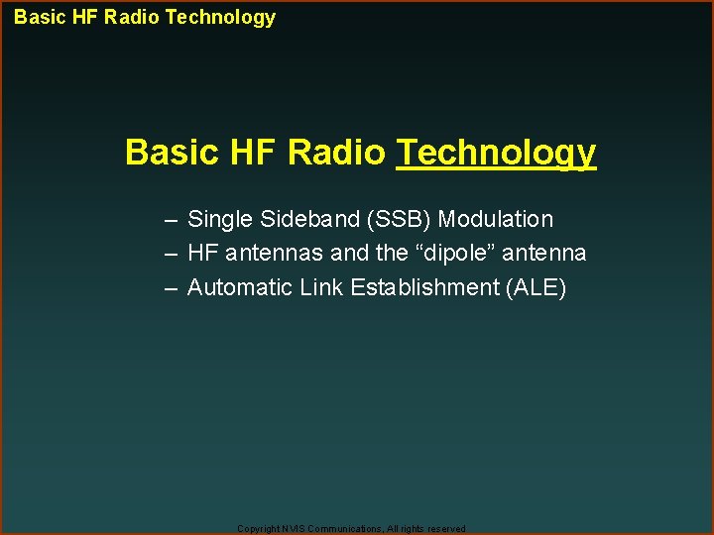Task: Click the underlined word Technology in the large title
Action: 496,153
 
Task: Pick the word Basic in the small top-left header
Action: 39,17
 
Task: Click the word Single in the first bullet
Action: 217,219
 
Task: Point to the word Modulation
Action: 496,219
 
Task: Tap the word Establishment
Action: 417,288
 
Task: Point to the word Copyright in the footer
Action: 258,529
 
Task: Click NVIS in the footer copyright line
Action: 293,529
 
